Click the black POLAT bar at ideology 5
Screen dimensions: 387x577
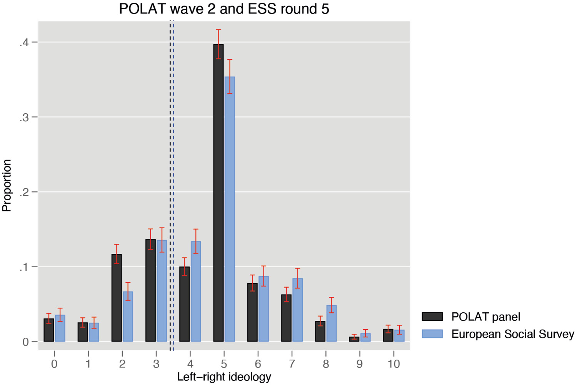[218, 193]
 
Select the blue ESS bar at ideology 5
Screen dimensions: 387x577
[230, 209]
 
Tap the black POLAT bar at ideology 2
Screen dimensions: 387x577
[117, 298]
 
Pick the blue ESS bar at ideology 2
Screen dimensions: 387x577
[128, 317]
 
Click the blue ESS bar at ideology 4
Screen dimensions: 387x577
[196, 292]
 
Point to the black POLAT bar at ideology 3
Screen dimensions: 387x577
[150, 290]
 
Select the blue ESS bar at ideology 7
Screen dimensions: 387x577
[297, 310]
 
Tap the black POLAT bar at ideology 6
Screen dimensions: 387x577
[252, 312]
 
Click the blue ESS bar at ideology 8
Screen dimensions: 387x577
[332, 323]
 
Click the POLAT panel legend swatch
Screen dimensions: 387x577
[432, 317]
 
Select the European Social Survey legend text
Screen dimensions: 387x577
[513, 334]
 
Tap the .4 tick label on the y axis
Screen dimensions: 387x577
[24, 42]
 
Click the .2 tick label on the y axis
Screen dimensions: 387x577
[24, 192]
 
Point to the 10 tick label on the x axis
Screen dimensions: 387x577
[394, 364]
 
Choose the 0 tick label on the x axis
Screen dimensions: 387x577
[54, 364]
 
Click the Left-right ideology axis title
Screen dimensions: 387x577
[224, 377]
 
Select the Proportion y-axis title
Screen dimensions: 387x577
[7, 185]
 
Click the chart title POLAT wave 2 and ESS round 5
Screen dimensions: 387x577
[224, 9]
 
